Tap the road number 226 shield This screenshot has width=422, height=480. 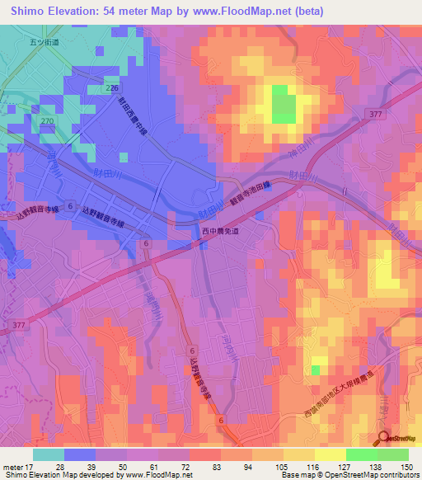tap(113, 87)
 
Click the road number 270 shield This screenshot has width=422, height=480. tap(48, 120)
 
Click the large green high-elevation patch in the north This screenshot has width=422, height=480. tap(283, 106)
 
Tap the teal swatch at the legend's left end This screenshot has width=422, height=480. tap(48, 454)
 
